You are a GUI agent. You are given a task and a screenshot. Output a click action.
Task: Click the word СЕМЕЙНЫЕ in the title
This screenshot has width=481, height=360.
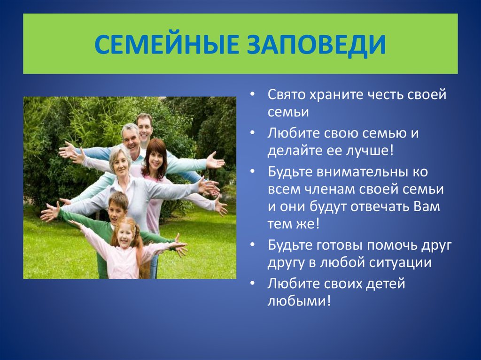(166, 45)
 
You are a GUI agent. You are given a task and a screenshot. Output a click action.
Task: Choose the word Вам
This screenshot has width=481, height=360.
(427, 207)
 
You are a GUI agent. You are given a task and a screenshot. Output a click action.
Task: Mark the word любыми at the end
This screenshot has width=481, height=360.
(299, 301)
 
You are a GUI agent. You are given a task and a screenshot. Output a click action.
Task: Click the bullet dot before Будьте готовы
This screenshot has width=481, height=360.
(252, 245)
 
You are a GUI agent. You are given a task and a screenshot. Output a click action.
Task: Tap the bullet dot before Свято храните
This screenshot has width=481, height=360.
(252, 94)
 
